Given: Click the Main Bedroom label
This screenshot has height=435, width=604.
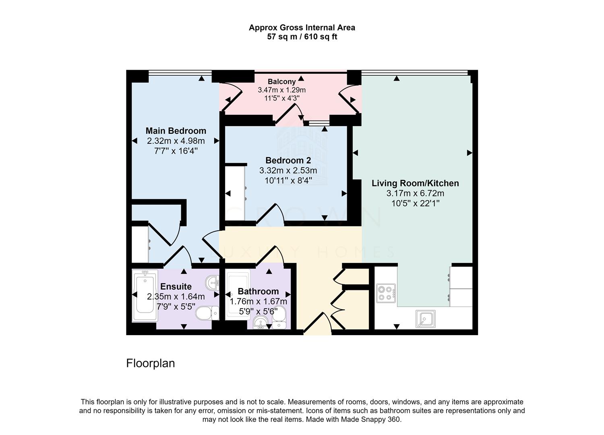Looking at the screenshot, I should pos(176,131).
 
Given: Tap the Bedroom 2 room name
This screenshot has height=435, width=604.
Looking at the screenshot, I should pos(288,160).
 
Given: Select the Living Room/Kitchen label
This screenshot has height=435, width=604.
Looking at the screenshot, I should pos(415,183).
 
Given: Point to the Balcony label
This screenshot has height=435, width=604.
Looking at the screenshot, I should pos(282,81).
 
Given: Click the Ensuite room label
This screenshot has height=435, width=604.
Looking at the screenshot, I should pos(176,287).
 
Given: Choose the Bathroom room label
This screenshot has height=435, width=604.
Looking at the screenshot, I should pos(258,291).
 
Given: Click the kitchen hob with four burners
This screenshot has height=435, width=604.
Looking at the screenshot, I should pos(386,293).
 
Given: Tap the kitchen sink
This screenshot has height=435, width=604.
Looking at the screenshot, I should pos(425,319).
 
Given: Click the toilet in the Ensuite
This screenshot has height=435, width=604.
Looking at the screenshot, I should pos(207,313).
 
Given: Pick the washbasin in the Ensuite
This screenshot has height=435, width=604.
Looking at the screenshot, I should pos(212,282).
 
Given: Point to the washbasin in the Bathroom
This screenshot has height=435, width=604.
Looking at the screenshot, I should pos(261,323).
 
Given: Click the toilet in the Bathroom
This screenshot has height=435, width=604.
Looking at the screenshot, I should pos(279,317).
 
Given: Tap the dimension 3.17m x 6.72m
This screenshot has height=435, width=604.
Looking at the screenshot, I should pos(415,193).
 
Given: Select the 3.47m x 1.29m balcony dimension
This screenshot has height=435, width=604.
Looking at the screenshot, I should pos(282,90).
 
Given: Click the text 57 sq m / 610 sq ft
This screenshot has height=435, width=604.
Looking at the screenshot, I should pos(302,37).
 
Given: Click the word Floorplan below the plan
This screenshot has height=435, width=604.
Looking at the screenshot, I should pos(151,363).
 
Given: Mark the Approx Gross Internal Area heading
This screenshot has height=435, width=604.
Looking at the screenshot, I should pos(302,28).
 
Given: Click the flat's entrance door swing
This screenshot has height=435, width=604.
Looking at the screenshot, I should pos(317,325).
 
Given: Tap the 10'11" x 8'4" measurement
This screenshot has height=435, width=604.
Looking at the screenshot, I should pos(288,180).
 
